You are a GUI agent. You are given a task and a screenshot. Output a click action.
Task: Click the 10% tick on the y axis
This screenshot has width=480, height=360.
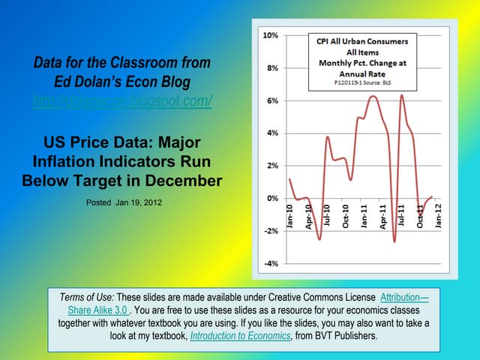coord(270,35)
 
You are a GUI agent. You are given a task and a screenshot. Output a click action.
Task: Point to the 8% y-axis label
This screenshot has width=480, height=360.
coord(271,68)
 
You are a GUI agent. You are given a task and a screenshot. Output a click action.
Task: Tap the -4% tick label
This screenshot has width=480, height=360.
coord(270,264)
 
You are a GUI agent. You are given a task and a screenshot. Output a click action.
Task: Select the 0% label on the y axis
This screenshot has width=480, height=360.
coord(271,199)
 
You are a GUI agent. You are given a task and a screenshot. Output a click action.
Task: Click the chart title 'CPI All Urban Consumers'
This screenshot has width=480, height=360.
coord(362,42)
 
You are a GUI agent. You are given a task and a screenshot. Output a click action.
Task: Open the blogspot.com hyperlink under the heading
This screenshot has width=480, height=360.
coord(122,100)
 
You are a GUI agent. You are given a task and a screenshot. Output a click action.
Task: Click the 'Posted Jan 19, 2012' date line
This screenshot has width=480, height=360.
coord(124,202)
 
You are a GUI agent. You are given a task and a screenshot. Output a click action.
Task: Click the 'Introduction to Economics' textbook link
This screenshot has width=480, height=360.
coord(240,337)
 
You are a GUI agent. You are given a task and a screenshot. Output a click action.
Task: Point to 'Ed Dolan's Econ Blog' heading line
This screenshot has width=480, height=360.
coord(122,81)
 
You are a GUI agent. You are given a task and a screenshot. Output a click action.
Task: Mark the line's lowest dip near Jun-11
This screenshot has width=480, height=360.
coord(394,241)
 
